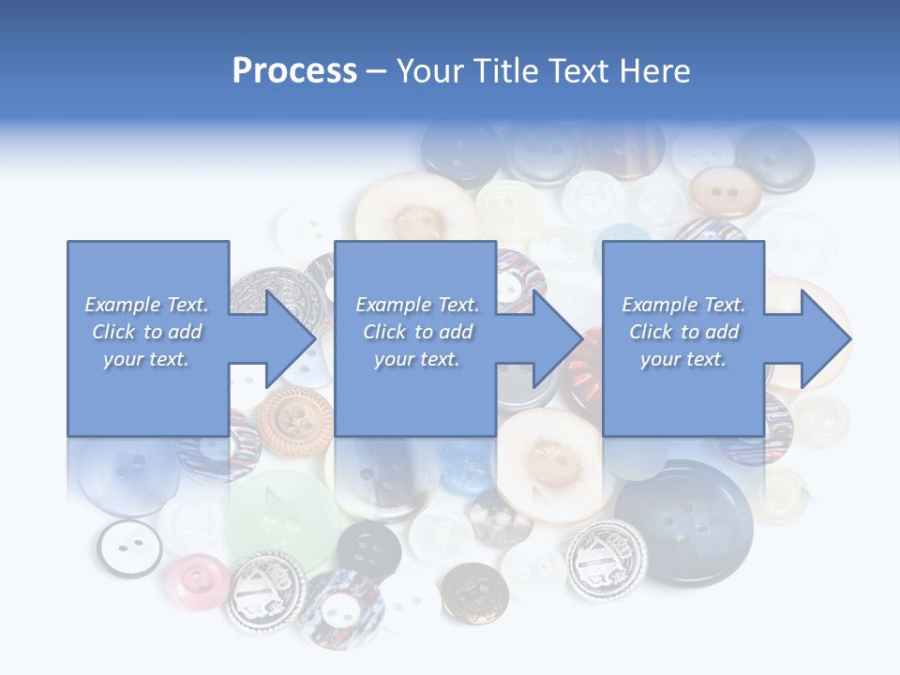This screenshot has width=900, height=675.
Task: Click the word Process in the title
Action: [294, 70]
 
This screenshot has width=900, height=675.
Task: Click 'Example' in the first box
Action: [122, 305]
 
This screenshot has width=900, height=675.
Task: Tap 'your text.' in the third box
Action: [682, 359]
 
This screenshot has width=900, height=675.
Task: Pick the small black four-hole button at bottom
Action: [368, 548]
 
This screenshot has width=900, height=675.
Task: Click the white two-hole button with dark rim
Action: [129, 547]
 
